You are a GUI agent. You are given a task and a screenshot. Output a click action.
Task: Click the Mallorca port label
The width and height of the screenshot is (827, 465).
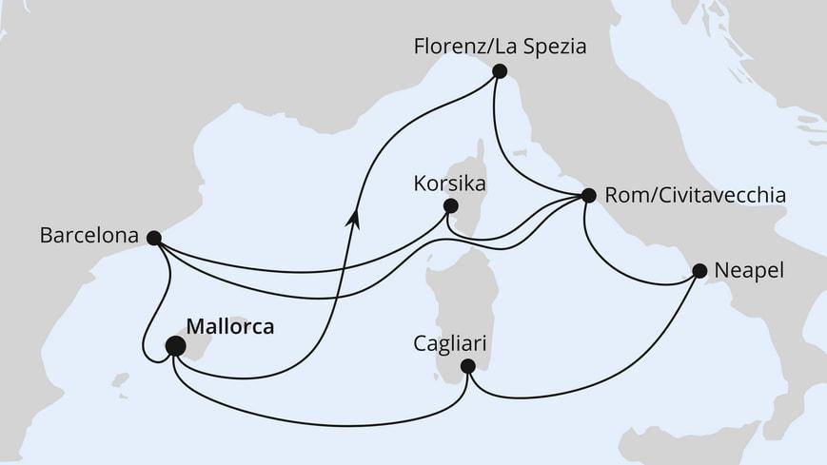coord(229,326)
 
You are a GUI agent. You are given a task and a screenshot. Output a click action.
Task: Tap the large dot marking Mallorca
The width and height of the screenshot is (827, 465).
coord(175,346)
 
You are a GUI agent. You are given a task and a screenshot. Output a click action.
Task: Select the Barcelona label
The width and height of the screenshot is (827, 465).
coord(89,234)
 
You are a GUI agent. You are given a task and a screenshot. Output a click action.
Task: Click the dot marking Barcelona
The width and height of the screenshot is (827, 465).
coord(154,238)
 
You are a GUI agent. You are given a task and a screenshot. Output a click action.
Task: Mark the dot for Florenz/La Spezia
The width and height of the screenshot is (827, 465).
coord(499,70)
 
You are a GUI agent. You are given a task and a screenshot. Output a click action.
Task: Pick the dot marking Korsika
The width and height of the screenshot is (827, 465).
coord(450,205)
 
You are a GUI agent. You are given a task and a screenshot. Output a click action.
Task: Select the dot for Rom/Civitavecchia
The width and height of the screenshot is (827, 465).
coord(587,196)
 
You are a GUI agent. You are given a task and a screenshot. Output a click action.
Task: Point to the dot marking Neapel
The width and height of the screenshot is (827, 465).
coord(699,271)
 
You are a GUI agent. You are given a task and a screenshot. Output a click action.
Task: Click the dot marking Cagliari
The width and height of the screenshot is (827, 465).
coord(467,366)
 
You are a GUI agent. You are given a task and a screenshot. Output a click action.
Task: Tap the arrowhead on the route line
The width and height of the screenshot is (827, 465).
coord(354,218)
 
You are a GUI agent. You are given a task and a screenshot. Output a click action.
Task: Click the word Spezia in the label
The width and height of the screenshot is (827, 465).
coord(551,46)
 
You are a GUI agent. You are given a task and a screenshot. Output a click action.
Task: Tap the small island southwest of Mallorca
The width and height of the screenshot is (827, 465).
coord(121,380)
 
